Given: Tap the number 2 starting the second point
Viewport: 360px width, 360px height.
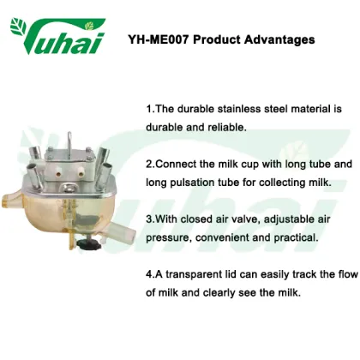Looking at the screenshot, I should coord(148,163).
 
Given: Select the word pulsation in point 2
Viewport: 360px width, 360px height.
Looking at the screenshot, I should coord(197,179).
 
